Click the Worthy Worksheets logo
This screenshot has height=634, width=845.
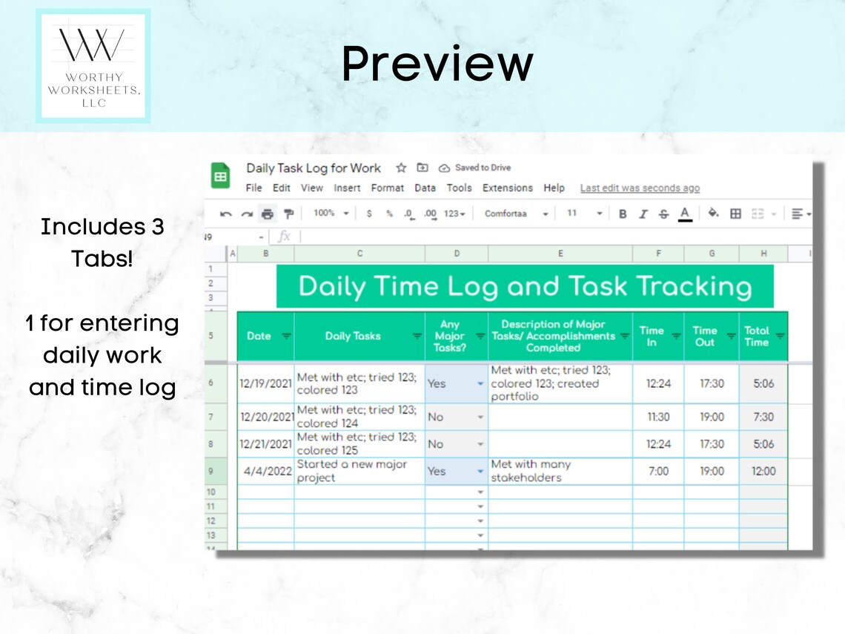point(93,66)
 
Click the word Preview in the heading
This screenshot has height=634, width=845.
point(437,64)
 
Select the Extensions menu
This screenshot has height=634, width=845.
point(507,188)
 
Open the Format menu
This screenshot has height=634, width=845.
point(387,188)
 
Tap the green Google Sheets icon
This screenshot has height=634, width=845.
point(221,176)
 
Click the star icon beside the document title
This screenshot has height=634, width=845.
point(401,168)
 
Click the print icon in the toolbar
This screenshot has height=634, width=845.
point(267,214)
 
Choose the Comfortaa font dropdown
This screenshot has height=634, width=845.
point(516,214)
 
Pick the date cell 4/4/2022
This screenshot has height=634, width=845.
point(265,472)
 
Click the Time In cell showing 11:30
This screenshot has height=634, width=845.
point(658,417)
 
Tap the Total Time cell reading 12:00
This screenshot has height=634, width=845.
point(763,472)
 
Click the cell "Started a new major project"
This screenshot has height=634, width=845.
point(359,472)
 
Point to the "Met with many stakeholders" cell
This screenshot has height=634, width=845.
point(560,472)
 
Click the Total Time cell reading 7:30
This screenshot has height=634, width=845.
point(763,417)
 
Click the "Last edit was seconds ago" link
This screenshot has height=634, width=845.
point(640,188)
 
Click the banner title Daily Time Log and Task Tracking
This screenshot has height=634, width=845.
point(525,286)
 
